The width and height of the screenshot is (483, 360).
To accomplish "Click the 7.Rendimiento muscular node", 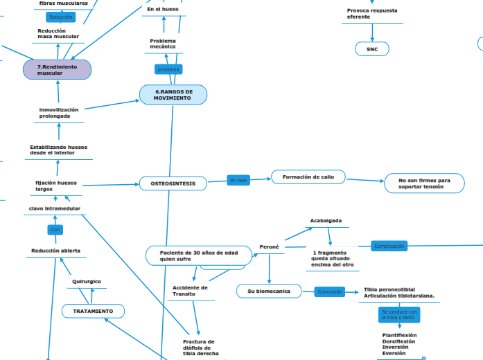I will [x=57, y=70].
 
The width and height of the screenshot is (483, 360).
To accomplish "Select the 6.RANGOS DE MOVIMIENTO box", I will [x=173, y=95].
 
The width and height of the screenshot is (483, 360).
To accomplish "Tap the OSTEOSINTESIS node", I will [x=173, y=183].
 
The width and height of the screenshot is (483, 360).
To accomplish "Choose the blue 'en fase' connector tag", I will [x=238, y=181].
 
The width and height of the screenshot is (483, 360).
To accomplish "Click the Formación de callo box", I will [x=308, y=177].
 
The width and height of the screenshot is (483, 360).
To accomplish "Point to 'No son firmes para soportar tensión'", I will [x=424, y=183].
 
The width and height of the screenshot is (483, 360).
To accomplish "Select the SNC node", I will [x=372, y=49].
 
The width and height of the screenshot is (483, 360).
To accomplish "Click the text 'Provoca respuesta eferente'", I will [x=372, y=14].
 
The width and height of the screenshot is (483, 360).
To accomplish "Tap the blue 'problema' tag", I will [x=168, y=70].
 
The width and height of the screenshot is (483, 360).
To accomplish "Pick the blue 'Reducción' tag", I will [x=60, y=17].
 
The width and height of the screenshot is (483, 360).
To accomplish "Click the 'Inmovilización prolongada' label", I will [x=59, y=113].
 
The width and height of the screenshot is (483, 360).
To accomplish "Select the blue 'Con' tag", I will [x=55, y=229].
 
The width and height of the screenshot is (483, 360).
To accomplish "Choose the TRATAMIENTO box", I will [x=94, y=312].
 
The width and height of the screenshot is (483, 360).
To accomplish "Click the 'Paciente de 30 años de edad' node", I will [x=195, y=255].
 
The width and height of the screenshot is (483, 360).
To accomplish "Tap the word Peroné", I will [x=269, y=246].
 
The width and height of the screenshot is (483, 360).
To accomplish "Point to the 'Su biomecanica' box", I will [x=269, y=291].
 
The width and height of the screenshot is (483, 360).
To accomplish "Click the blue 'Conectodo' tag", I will [x=330, y=291].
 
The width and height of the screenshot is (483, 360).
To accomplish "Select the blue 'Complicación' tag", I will [x=389, y=246].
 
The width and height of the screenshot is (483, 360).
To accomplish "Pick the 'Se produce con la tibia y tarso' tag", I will [x=399, y=315].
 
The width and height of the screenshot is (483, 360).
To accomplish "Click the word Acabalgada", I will [x=326, y=221].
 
